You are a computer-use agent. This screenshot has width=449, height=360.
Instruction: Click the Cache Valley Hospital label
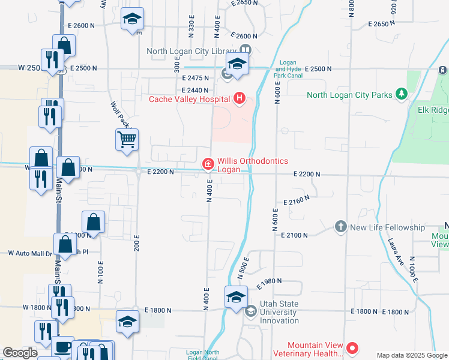(x=190, y=99)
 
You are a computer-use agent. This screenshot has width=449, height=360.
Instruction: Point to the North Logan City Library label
(x=192, y=50)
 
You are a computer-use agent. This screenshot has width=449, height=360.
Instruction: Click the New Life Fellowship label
(x=387, y=227)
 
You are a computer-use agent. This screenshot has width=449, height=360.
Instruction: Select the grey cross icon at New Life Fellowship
(x=341, y=227)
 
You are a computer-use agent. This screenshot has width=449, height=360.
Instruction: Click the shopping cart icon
(x=127, y=140)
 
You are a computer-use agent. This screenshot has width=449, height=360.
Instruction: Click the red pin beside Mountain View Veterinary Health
(x=352, y=348)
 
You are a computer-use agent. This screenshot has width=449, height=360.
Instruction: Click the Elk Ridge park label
(x=433, y=110)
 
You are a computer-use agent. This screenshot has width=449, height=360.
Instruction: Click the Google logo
(x=20, y=353)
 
